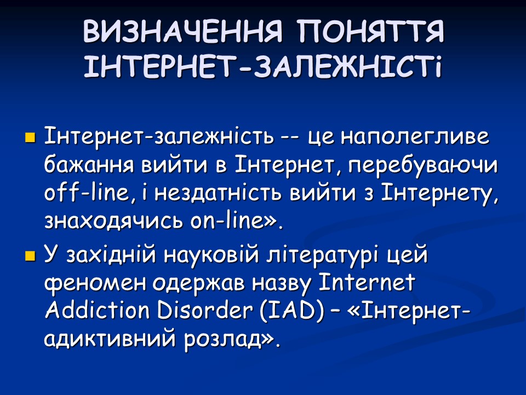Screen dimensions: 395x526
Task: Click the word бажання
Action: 88,165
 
